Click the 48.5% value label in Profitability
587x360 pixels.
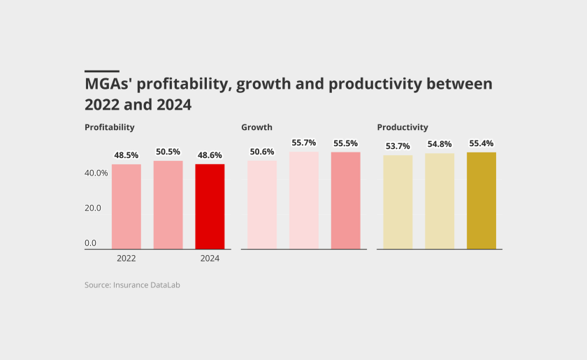(126, 155)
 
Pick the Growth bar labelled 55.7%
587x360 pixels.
(304, 201)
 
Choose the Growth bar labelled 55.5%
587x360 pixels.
(346, 201)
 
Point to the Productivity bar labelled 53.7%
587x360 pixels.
(398, 202)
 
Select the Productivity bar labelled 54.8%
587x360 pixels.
(440, 201)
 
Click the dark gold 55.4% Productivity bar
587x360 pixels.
(481, 201)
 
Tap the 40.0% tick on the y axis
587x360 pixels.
(96, 173)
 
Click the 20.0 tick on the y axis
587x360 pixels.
(93, 208)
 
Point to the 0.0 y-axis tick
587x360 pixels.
(91, 243)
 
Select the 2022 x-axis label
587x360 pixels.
(126, 259)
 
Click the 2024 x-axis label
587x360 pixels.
(210, 259)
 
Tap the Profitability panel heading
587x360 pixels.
(110, 127)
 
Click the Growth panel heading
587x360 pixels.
(256, 127)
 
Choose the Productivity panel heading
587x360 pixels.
(403, 127)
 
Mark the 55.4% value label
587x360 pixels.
(481, 143)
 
